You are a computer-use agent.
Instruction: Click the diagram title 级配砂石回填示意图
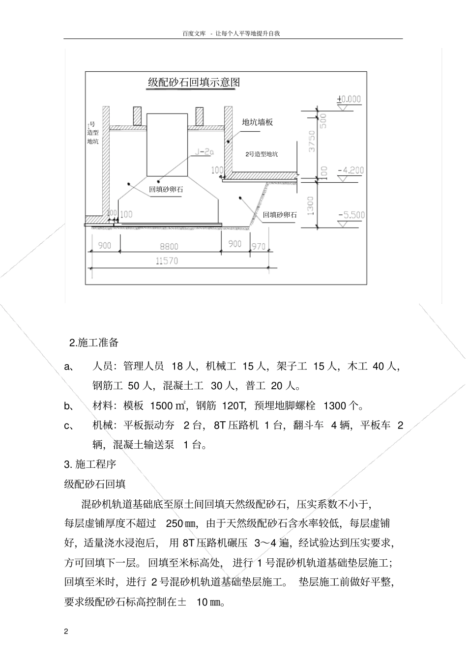tap(194, 82)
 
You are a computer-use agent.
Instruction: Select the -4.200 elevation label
tap(351, 171)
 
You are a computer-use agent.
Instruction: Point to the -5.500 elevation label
tap(351, 215)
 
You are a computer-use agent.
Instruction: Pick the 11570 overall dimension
tap(167, 261)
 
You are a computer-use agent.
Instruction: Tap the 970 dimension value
tap(258, 246)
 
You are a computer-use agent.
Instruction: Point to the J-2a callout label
tap(204, 152)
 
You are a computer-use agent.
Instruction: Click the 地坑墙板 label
tap(257, 122)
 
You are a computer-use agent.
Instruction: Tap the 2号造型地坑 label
tap(262, 154)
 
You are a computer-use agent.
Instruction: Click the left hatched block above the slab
tap(137, 116)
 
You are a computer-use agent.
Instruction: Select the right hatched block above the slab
tap(200, 116)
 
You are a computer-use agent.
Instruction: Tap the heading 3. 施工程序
tap(90, 464)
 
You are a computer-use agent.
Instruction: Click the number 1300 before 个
tap(335, 406)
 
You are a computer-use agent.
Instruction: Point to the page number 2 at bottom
tap(66, 631)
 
